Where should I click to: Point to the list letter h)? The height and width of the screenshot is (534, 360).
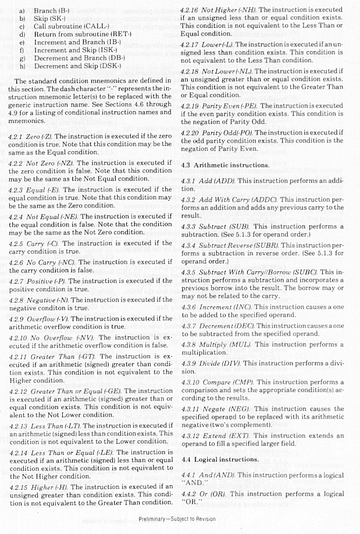(23, 66)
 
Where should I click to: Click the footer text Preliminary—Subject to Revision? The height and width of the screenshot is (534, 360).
(177, 519)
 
